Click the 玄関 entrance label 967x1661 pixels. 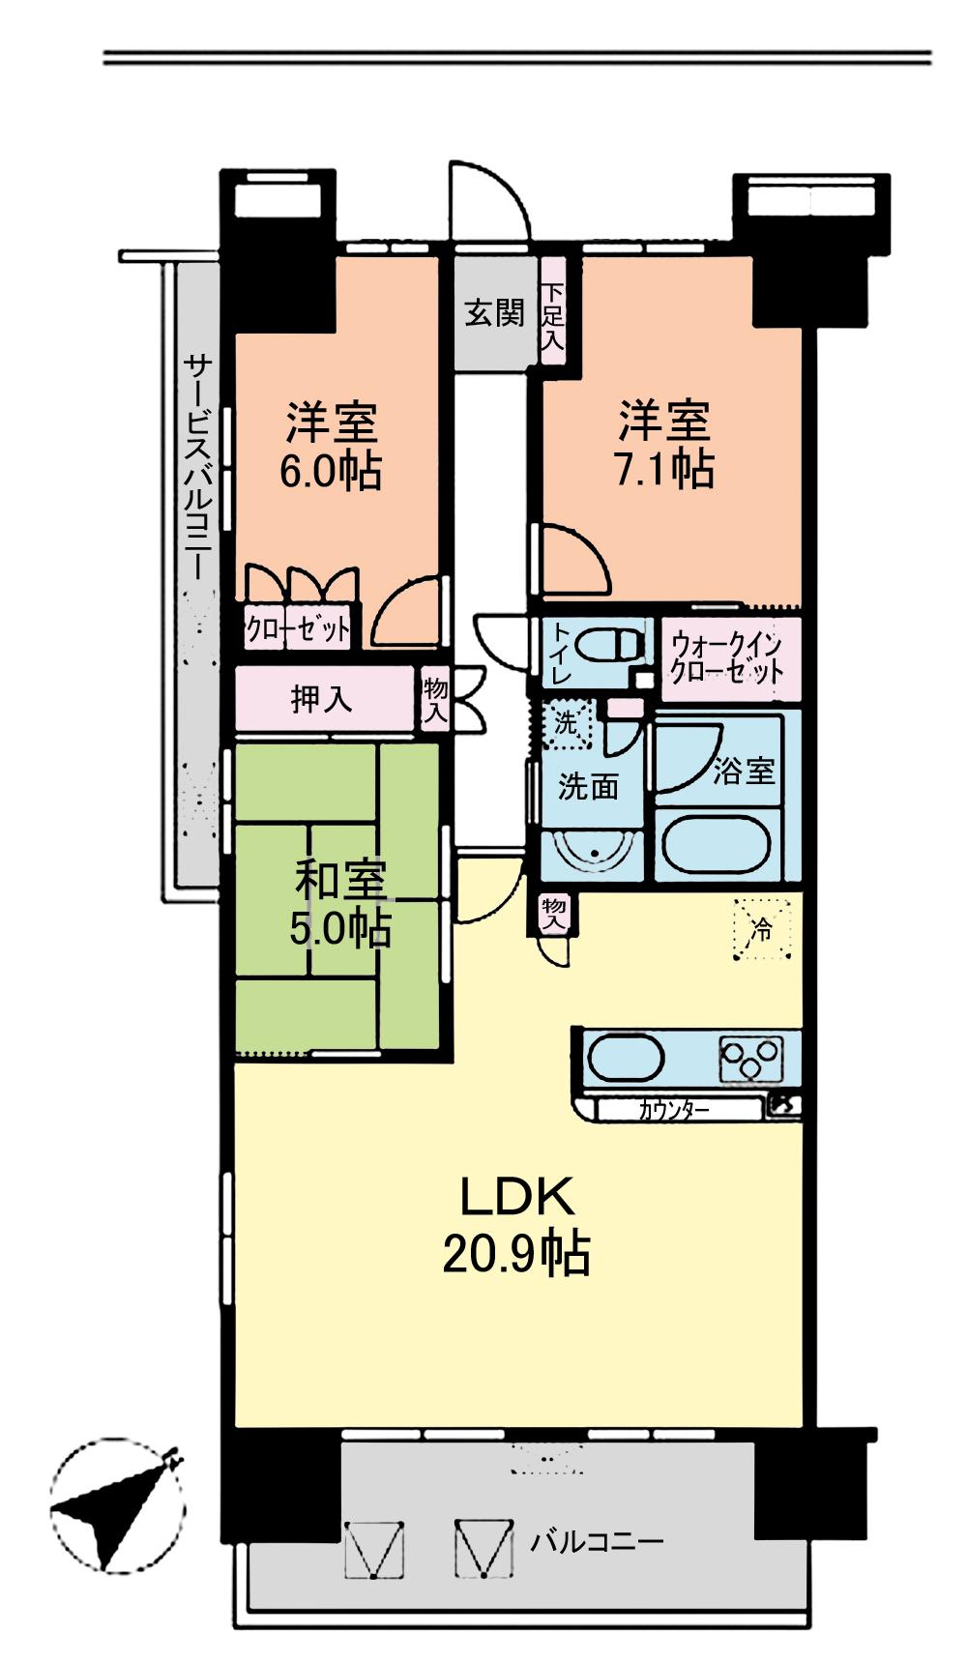click(493, 313)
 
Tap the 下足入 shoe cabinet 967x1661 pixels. click(552, 315)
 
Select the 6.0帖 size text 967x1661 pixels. click(331, 471)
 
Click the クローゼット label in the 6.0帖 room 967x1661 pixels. click(298, 630)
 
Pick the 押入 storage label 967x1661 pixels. click(322, 699)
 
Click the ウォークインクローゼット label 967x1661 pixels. click(727, 658)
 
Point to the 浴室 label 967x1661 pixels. click(744, 771)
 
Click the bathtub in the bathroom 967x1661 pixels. click(717, 845)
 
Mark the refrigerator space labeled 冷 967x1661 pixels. click(763, 930)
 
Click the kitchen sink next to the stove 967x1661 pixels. click(625, 1058)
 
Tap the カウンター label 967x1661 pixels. click(674, 1110)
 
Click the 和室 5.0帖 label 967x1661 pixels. click(340, 905)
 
